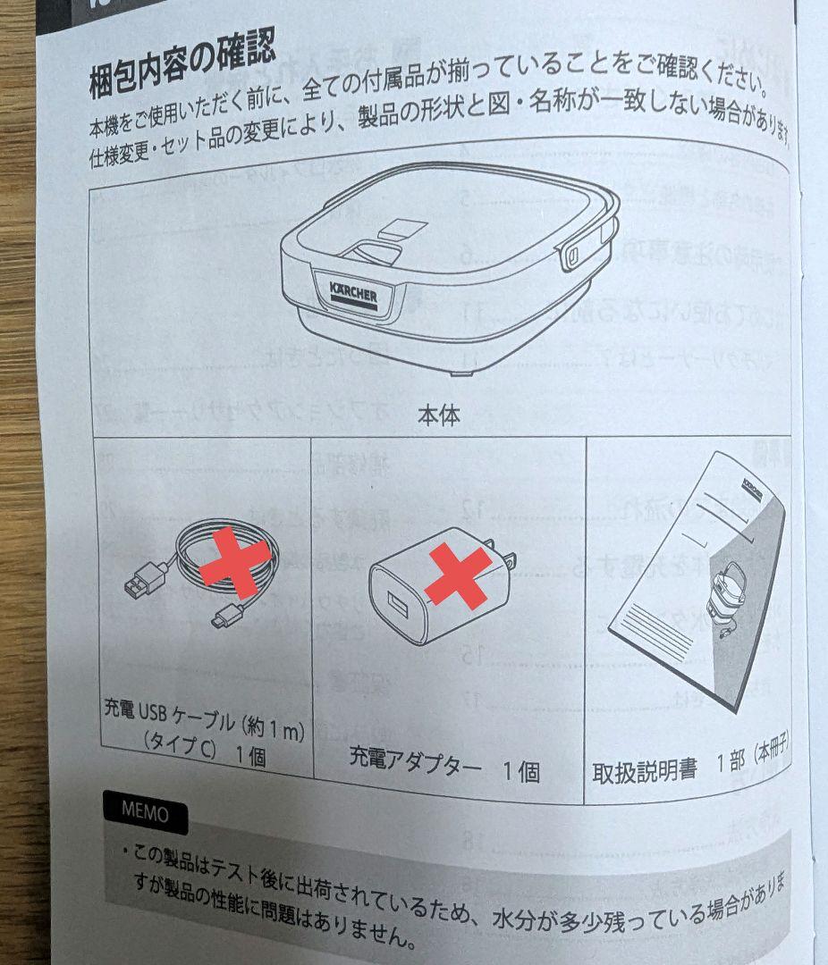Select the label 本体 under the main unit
click(438, 415)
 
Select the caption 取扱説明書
click(644, 769)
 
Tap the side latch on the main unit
click(572, 256)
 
